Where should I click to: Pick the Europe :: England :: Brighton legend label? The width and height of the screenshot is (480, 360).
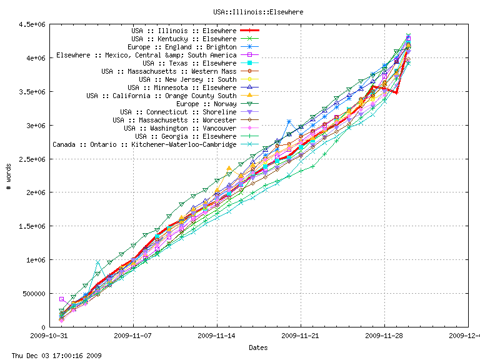[x=182, y=47]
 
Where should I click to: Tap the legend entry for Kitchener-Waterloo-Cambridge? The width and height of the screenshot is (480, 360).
[x=144, y=144]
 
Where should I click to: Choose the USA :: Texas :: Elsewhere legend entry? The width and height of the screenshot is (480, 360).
[x=189, y=63]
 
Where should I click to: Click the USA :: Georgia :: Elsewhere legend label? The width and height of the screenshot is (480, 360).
[x=186, y=136]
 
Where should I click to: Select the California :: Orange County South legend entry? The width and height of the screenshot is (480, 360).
[x=161, y=96]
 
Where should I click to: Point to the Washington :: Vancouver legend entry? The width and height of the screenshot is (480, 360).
[x=180, y=128]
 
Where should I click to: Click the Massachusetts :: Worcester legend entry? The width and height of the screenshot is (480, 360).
[x=174, y=120]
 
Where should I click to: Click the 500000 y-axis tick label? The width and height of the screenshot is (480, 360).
[x=32, y=294]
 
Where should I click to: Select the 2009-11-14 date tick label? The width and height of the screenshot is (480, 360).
[x=217, y=336]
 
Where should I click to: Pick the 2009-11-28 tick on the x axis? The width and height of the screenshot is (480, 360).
[x=384, y=336]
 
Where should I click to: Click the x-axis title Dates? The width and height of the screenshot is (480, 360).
[x=259, y=347]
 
